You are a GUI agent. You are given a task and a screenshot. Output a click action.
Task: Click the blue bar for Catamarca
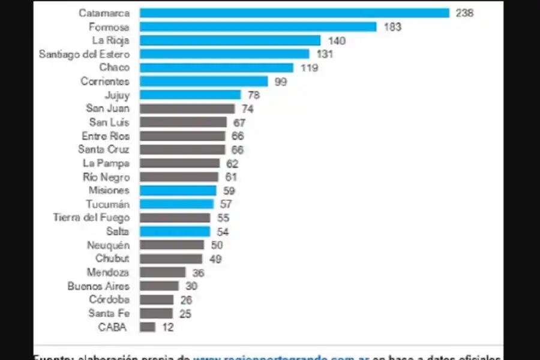[x=294, y=13]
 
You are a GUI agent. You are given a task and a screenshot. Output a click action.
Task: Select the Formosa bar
[x=258, y=26]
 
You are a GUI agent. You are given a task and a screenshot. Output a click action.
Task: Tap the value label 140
[x=337, y=40]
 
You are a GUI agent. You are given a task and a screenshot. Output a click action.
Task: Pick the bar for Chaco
[x=216, y=68]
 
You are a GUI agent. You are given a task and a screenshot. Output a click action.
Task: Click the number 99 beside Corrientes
[x=281, y=82]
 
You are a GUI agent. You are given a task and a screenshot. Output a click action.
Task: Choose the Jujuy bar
[x=190, y=95]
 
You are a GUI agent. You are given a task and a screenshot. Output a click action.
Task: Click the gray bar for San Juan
[x=187, y=109]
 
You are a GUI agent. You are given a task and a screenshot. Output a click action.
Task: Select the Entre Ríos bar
[x=182, y=136]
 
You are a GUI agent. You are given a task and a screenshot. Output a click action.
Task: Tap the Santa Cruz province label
[x=103, y=149]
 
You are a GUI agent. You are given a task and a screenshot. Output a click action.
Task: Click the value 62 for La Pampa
[x=232, y=163]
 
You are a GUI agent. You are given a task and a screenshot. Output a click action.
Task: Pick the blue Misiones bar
[x=178, y=190]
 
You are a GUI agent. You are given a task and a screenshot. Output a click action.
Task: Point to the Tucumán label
[x=107, y=204]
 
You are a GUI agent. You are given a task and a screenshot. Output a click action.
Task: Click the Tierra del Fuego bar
[x=175, y=218]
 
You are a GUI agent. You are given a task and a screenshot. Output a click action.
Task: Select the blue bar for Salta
[x=175, y=232]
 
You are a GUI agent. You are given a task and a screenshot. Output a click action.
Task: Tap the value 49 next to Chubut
[x=216, y=259]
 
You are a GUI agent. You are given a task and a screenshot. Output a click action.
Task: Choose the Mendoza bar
[x=163, y=272]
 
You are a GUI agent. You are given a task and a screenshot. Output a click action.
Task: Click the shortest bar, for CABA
[x=148, y=327]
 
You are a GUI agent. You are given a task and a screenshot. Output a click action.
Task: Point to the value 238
[x=464, y=13]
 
